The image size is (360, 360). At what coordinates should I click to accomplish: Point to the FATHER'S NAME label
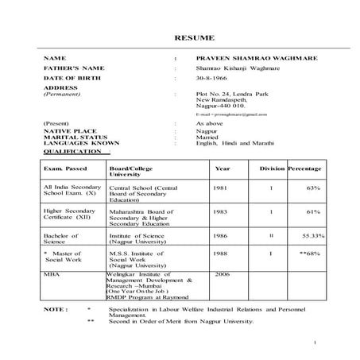click(x=74, y=69)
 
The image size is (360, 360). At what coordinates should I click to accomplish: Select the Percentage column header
click(x=304, y=168)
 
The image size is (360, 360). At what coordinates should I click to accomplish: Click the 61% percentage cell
click(x=313, y=212)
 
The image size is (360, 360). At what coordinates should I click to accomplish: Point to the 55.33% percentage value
click(x=312, y=236)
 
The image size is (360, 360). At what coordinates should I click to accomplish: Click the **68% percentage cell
click(x=310, y=253)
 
